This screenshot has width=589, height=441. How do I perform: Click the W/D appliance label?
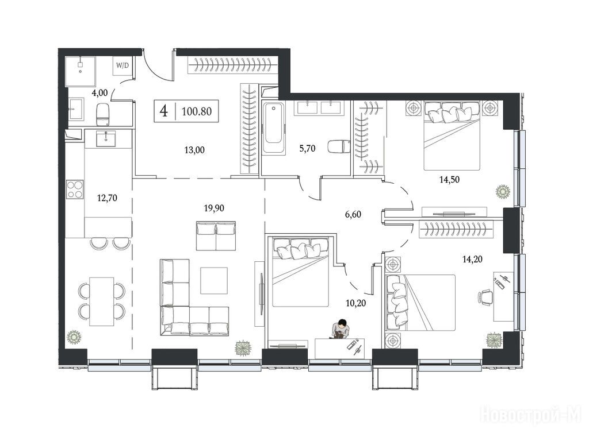pos(122,65)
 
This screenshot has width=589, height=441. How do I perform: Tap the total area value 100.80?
pos(197,111)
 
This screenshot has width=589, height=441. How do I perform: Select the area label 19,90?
pos(214,208)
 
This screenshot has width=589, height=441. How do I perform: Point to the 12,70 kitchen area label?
pos(107,198)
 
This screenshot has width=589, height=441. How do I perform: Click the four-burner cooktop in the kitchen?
pos(75,189)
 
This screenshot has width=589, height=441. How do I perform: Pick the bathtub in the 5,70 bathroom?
pos(273,128)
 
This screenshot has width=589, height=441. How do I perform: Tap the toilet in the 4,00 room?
pos(102,114)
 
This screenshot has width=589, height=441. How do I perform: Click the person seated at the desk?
pos(341,330)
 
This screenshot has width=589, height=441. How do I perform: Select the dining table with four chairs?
pos(101,301)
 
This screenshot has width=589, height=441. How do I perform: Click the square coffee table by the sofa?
pos(214,280)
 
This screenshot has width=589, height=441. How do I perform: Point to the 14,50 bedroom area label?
pos(449,180)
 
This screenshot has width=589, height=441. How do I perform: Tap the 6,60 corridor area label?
pos(353,215)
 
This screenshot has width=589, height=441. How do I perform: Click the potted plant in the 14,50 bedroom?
pos(502,192)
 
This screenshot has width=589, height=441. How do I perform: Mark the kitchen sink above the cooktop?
pos(106,139)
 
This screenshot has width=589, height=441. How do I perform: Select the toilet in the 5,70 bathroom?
pos(339,146)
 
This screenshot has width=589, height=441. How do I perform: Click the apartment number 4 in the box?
pos(164,111)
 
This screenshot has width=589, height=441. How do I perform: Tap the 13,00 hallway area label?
pos(194,150)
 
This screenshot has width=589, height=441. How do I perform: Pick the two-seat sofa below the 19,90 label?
pos(216,236)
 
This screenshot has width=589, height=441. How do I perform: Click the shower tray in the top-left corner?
pos(80,71)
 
